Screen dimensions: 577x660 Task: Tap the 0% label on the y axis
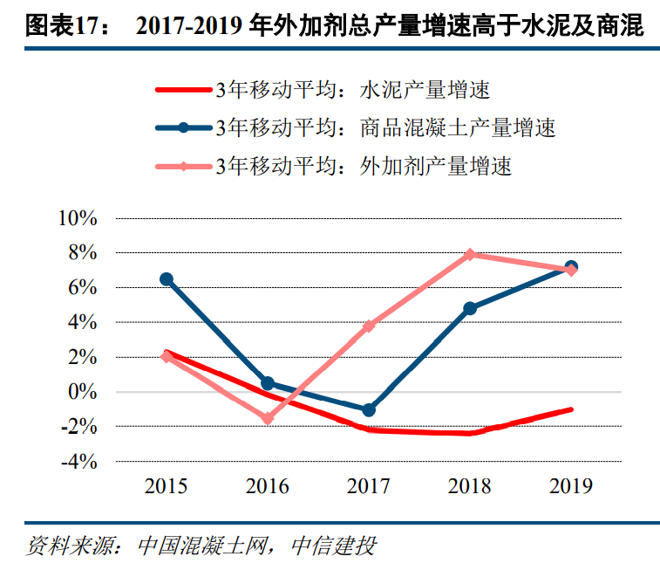tap(84, 392)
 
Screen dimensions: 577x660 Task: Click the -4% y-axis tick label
tap(78, 462)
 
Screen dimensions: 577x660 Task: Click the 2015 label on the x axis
tap(167, 486)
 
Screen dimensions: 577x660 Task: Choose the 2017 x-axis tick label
tap(369, 486)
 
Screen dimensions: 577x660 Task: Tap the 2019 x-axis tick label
tap(571, 486)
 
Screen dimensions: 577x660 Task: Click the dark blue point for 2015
tap(167, 279)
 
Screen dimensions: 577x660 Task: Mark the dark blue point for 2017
tap(369, 409)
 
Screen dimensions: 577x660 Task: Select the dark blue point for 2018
tap(470, 308)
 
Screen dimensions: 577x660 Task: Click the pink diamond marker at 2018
tap(470, 254)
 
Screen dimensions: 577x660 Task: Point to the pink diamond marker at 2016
tap(268, 419)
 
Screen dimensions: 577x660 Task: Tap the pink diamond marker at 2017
tap(369, 326)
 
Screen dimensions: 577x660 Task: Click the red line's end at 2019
tap(571, 409)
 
